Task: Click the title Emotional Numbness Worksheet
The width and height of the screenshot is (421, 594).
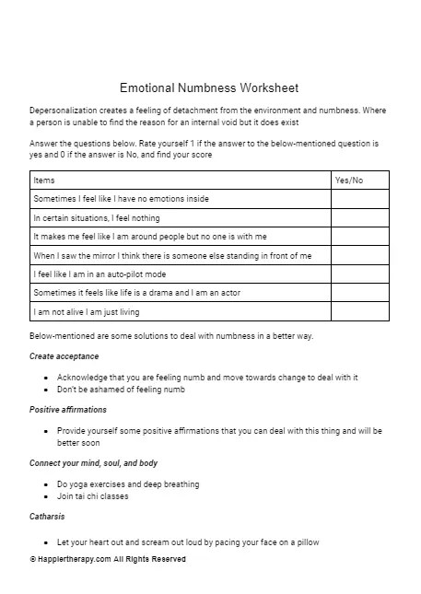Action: (x=209, y=88)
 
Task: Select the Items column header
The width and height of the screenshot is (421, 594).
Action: (x=44, y=181)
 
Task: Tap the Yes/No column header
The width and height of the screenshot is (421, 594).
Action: (x=349, y=181)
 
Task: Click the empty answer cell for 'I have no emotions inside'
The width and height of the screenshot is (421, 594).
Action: (x=359, y=199)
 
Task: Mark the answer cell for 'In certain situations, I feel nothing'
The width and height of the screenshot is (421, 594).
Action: (x=359, y=218)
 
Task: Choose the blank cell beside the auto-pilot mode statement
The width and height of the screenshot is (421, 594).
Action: (x=359, y=274)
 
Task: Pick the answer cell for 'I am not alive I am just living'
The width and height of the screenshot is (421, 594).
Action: (x=359, y=312)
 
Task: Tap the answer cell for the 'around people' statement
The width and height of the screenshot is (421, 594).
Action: (x=359, y=237)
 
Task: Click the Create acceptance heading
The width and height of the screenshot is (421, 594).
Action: (x=64, y=355)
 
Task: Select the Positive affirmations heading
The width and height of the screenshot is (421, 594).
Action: (x=68, y=409)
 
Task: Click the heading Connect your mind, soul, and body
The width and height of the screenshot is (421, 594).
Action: (x=93, y=462)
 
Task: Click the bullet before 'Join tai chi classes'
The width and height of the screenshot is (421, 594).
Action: (x=46, y=496)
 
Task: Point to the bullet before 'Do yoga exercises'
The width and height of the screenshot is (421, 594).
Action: (x=46, y=484)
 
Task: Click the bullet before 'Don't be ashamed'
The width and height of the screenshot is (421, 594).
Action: (x=46, y=390)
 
